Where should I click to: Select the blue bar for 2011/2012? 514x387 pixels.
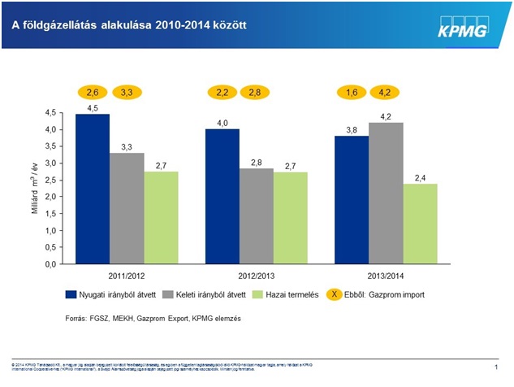point(93,189)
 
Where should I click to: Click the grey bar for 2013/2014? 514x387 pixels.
point(386,193)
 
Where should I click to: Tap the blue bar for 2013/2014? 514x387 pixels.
point(352,199)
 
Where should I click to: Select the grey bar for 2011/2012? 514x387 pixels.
point(127,208)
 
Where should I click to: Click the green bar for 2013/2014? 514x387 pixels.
point(420,224)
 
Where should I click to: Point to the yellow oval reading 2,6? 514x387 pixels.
point(93,93)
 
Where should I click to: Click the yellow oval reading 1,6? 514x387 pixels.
point(352,93)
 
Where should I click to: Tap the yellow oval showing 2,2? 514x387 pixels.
point(222,93)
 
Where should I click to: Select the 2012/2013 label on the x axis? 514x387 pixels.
point(257,275)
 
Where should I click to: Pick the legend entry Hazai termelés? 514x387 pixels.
point(276,294)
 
